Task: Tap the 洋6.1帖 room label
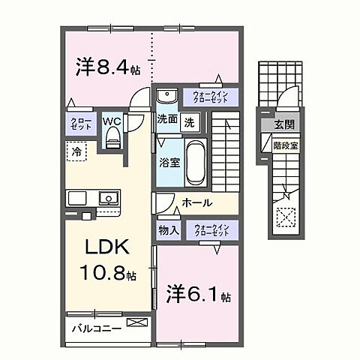tap(193, 291)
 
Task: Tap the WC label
tap(112, 121)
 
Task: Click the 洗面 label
tap(167, 119)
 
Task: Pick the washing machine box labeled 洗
tap(190, 121)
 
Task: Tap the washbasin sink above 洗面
tap(166, 97)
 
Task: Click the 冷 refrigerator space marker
tap(77, 151)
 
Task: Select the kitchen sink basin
tap(107, 199)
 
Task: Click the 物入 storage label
tap(168, 231)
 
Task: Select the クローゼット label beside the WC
tap(82, 124)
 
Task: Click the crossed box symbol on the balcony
tap(137, 323)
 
